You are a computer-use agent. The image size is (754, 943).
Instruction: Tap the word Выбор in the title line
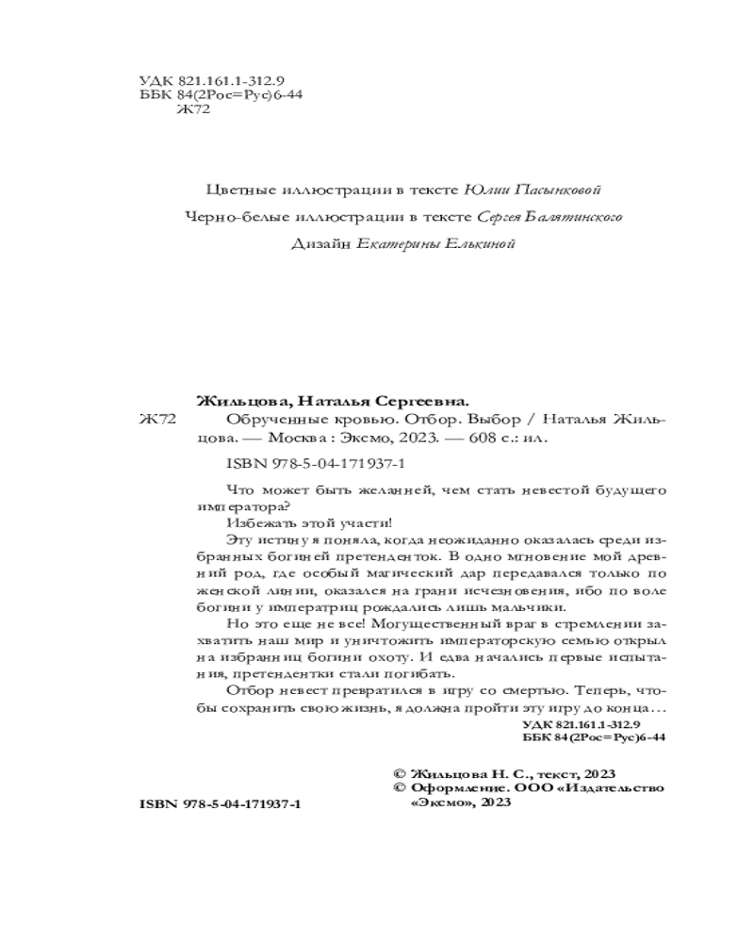(x=489, y=419)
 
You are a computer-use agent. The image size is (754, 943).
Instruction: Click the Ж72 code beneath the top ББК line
(x=192, y=109)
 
